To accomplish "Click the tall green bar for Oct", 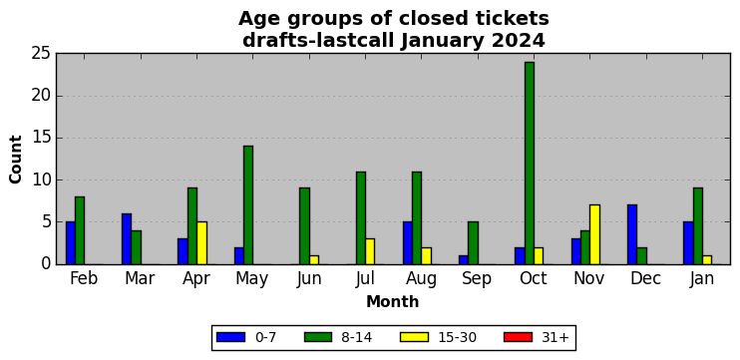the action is coord(529,164).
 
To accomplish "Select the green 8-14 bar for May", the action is coord(248,205).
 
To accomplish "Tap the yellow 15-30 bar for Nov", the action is coord(594,234).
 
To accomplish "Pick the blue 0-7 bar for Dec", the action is coord(632,234).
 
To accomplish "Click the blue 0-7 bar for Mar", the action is coord(127,238).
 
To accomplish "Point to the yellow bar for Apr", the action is coord(201,243).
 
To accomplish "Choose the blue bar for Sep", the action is coord(464,260).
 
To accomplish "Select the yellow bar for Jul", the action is coord(370,251).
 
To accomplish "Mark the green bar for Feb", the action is coord(80,230).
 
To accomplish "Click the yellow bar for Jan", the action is coord(707,260).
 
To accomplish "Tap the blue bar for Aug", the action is coord(407,243).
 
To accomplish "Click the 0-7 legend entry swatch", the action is coord(230,337).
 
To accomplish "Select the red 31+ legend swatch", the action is coord(518,337).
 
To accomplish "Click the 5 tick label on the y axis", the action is coord(45,222).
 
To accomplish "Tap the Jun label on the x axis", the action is coord(309,278).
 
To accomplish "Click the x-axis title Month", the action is coord(393,301).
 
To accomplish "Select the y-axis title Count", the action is coord(16,160).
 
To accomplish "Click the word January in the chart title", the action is coord(443,41).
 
